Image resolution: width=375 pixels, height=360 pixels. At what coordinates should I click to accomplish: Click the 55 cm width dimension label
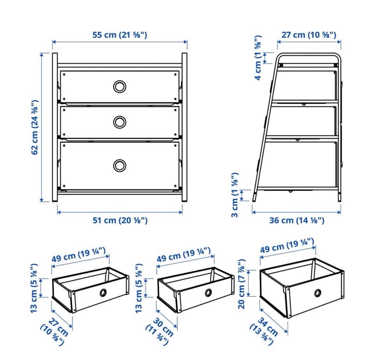pyautogui.click(x=120, y=35)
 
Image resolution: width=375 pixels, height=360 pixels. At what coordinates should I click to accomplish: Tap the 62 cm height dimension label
pyautogui.click(x=35, y=127)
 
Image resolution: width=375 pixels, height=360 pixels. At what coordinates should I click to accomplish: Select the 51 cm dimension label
pyautogui.click(x=120, y=220)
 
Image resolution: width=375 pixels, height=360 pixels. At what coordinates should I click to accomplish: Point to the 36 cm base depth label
pyautogui.click(x=297, y=220)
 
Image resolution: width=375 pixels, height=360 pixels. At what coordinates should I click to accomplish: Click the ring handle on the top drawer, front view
pyautogui.click(x=120, y=86)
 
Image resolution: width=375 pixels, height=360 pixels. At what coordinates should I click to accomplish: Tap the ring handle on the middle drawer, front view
pyautogui.click(x=120, y=122)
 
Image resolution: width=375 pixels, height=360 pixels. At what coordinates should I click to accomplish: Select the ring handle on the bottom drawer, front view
pyautogui.click(x=120, y=166)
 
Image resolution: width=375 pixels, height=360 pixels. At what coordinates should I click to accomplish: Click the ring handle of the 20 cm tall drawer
pyautogui.click(x=318, y=293)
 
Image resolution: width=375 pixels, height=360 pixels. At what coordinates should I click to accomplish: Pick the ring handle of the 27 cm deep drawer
pyautogui.click(x=103, y=292)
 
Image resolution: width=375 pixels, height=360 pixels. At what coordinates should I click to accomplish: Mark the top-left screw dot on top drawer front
pyautogui.click(x=64, y=75)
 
